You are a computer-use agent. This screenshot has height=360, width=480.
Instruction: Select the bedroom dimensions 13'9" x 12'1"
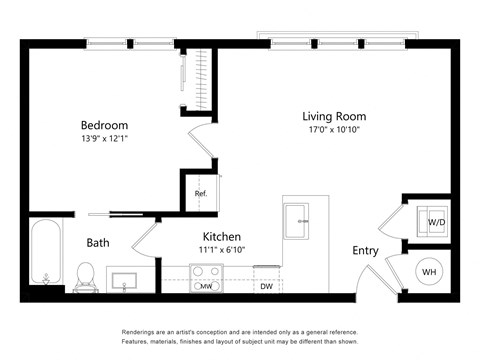pyautogui.click(x=104, y=139)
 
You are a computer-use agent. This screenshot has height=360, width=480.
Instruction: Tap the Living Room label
pyautogui.click(x=334, y=116)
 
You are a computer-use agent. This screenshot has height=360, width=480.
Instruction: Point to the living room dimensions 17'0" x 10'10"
pyautogui.click(x=334, y=130)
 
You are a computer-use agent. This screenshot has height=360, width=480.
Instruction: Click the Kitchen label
pyautogui.click(x=222, y=237)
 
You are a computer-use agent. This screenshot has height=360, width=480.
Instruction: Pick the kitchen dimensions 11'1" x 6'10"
pyautogui.click(x=222, y=250)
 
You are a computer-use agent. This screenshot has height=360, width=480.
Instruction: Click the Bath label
pyautogui.click(x=98, y=242)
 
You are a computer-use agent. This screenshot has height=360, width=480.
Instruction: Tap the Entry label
pyautogui.click(x=364, y=251)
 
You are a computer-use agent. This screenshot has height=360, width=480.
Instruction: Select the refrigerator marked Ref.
pyautogui.click(x=200, y=193)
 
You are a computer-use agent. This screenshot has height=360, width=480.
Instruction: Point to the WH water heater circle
pyautogui.click(x=429, y=271)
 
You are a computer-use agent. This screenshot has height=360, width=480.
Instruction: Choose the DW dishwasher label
pyautogui.click(x=266, y=287)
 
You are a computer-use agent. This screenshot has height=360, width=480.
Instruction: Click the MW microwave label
pyautogui.click(x=206, y=287)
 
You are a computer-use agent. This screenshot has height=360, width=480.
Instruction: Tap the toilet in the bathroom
pyautogui.click(x=86, y=273)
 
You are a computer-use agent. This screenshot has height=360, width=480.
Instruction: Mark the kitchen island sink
pyautogui.click(x=296, y=221)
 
